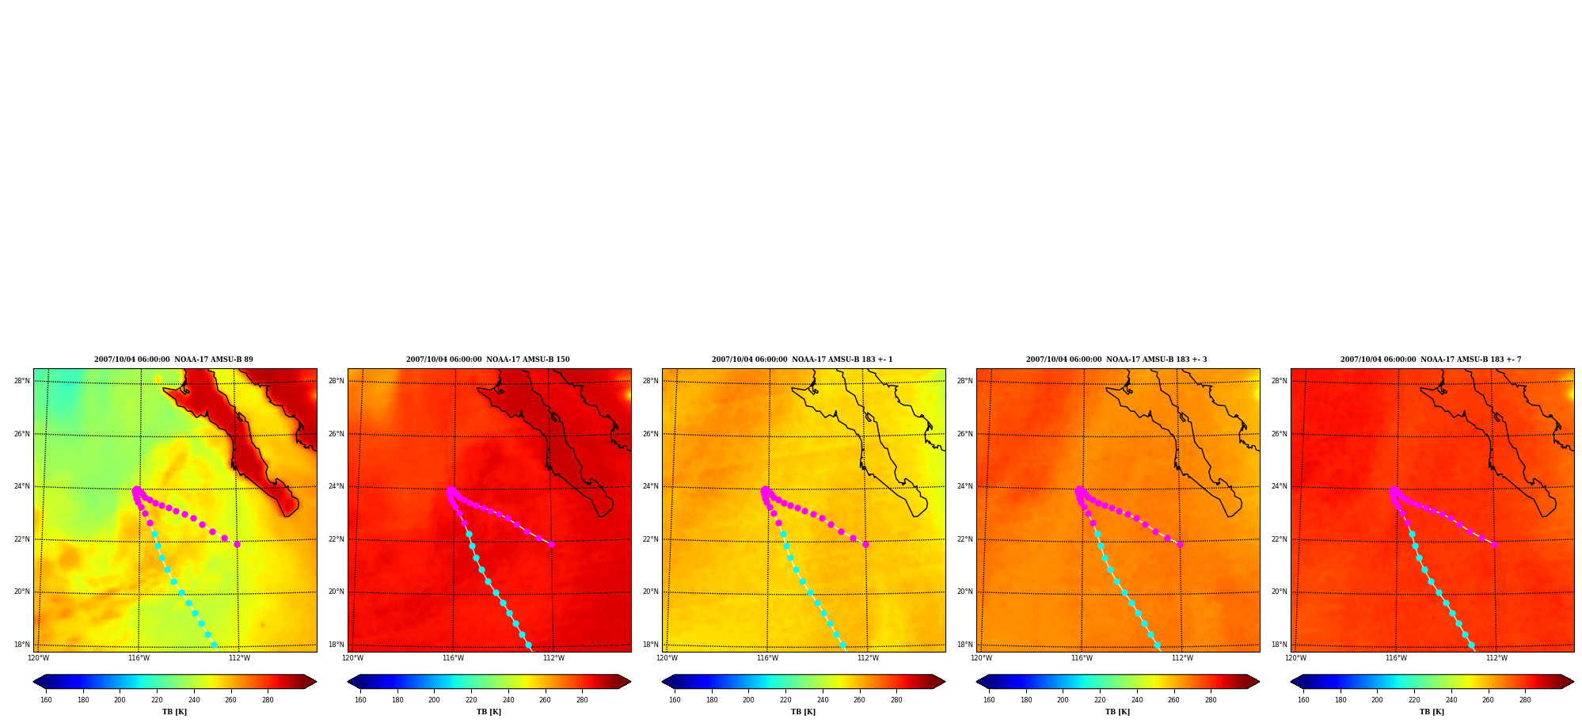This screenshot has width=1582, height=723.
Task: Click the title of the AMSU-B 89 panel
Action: pyautogui.click(x=173, y=360)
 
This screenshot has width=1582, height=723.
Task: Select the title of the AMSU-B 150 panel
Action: pyautogui.click(x=488, y=360)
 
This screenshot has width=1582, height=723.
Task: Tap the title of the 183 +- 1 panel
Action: pyautogui.click(x=802, y=360)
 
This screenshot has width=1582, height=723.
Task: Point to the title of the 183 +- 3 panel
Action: pyautogui.click(x=1116, y=360)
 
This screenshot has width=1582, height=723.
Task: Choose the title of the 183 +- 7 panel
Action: pyautogui.click(x=1431, y=360)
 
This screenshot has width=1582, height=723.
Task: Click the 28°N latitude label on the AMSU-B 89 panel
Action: pyautogui.click(x=22, y=381)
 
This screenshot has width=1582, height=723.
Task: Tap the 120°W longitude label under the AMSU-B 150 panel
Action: pyautogui.click(x=352, y=658)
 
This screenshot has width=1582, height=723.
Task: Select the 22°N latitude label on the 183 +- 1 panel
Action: pyautogui.click(x=651, y=539)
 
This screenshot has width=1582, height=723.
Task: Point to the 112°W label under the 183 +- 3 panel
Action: pyautogui.click(x=1182, y=658)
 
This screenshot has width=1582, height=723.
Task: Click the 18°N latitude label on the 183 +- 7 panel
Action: pyautogui.click(x=1280, y=645)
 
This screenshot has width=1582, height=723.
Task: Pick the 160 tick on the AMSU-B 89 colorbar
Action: pyautogui.click(x=46, y=700)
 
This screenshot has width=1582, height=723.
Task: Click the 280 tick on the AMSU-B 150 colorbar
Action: pyautogui.click(x=582, y=700)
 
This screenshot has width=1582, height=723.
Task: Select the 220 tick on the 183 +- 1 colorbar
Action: pyautogui.click(x=785, y=700)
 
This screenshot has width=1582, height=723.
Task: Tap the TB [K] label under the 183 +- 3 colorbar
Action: pyautogui.click(x=1117, y=712)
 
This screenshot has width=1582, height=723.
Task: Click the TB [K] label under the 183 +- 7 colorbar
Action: pyautogui.click(x=1432, y=712)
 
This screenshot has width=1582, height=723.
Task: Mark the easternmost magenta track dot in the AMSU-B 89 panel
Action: pyautogui.click(x=237, y=544)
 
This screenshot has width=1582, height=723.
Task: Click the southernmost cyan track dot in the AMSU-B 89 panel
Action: pyautogui.click(x=214, y=645)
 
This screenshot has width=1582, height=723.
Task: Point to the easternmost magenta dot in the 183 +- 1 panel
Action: pyautogui.click(x=865, y=544)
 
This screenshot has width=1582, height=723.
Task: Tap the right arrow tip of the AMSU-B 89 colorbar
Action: pyautogui.click(x=316, y=682)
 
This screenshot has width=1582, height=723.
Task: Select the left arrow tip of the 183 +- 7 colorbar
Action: pyautogui.click(x=1291, y=682)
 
